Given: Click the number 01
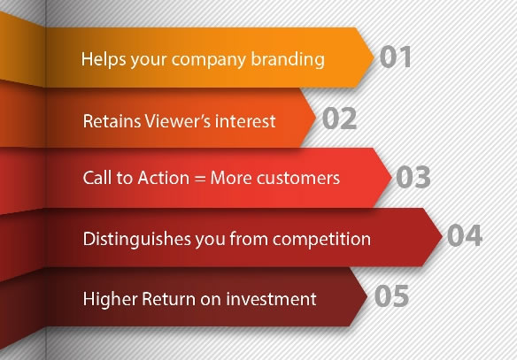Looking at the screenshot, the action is pyautogui.click(x=396, y=57).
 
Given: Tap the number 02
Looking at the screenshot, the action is pyautogui.click(x=339, y=119).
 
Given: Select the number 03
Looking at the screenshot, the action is pyautogui.click(x=413, y=177).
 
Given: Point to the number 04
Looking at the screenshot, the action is pyautogui.click(x=465, y=235).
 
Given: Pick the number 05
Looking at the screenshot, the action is pyautogui.click(x=391, y=295).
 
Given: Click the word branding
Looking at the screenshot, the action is pyautogui.click(x=288, y=60).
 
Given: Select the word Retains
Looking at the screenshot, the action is pyautogui.click(x=112, y=121).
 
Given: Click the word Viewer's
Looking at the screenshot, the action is pyautogui.click(x=178, y=121).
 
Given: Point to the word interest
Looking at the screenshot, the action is pyautogui.click(x=245, y=121).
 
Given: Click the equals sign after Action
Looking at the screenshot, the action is pyautogui.click(x=200, y=179).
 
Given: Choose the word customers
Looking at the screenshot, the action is pyautogui.click(x=275, y=178).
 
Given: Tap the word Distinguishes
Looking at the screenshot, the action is pyautogui.click(x=137, y=240).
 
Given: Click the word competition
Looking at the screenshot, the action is pyautogui.click(x=321, y=240).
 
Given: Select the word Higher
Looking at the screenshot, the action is pyautogui.click(x=110, y=299).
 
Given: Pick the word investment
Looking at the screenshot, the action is pyautogui.click(x=271, y=299).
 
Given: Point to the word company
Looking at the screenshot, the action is pyautogui.click(x=209, y=61).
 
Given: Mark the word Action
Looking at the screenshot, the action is pyautogui.click(x=164, y=178).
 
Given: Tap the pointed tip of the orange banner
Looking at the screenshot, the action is pyautogui.click(x=374, y=57).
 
